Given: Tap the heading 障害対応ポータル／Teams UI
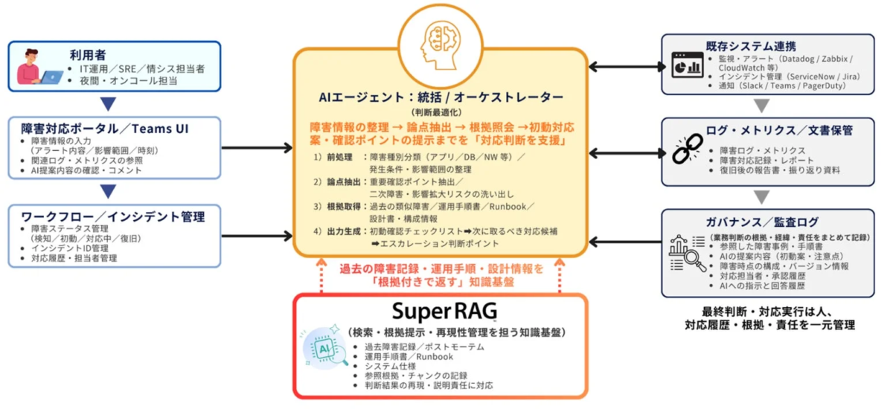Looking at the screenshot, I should click(103, 128).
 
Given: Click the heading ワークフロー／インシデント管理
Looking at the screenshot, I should click(112, 216).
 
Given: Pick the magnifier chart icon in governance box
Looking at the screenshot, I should click(687, 252).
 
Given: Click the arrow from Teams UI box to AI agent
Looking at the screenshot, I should click(257, 147).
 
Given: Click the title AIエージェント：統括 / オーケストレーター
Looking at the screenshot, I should click(441, 97).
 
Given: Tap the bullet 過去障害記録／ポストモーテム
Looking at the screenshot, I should click(424, 347).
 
